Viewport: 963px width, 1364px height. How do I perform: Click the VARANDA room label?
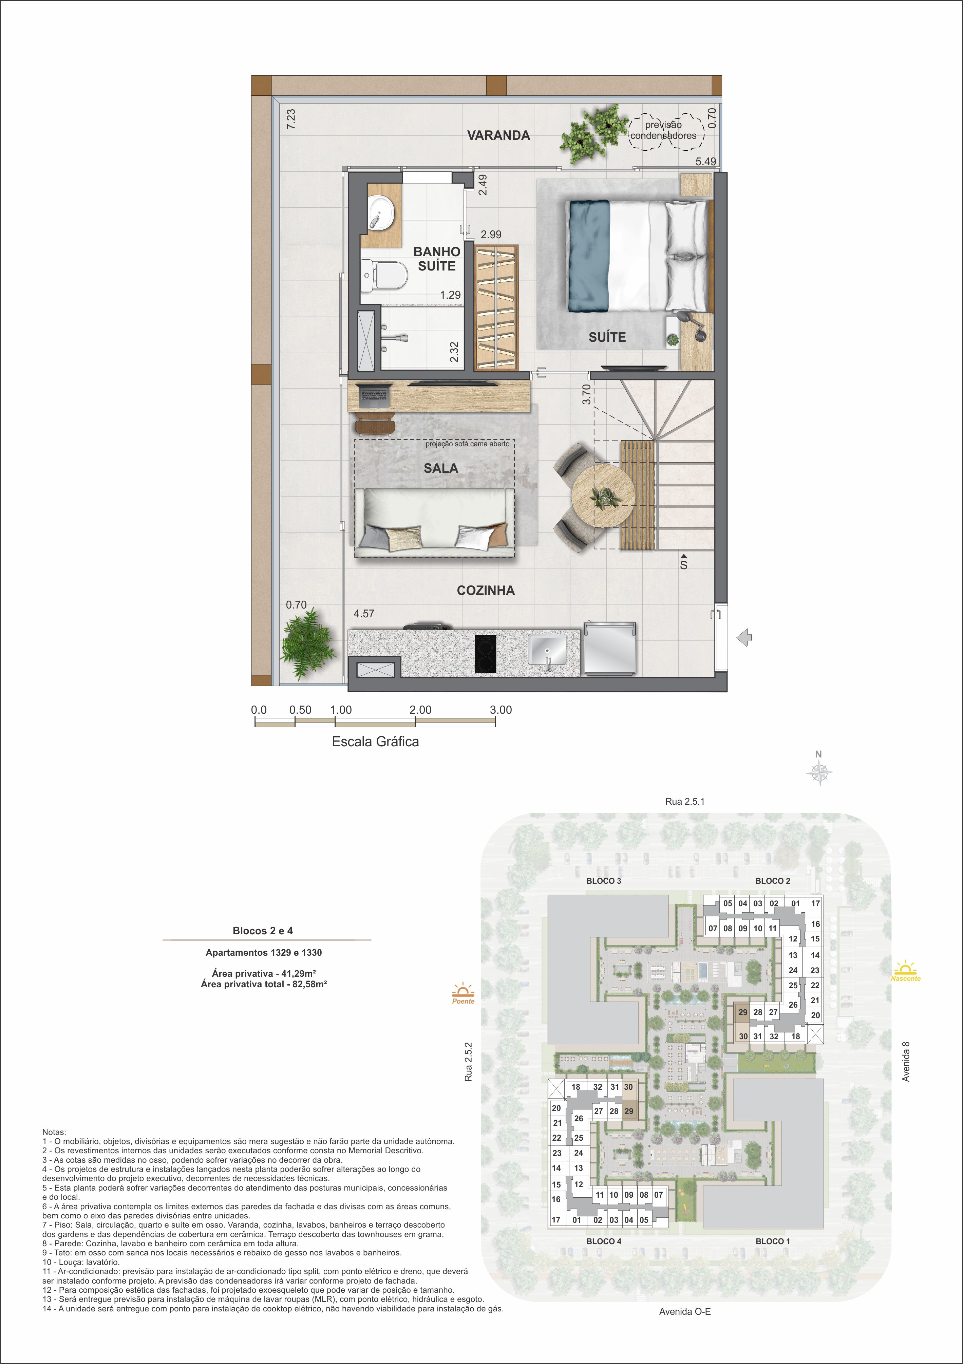pyautogui.click(x=498, y=135)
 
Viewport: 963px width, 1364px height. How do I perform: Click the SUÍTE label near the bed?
pyautogui.click(x=607, y=337)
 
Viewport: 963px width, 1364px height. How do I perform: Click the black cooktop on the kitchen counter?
pyautogui.click(x=485, y=653)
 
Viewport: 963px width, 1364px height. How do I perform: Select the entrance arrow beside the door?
pyautogui.click(x=744, y=639)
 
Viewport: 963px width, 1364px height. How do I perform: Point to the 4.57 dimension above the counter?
pyautogui.click(x=364, y=614)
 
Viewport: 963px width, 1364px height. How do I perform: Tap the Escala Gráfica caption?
pyautogui.click(x=375, y=742)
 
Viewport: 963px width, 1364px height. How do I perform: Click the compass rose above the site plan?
pyautogui.click(x=819, y=772)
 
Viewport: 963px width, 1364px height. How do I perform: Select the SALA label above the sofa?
pyautogui.click(x=441, y=468)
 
